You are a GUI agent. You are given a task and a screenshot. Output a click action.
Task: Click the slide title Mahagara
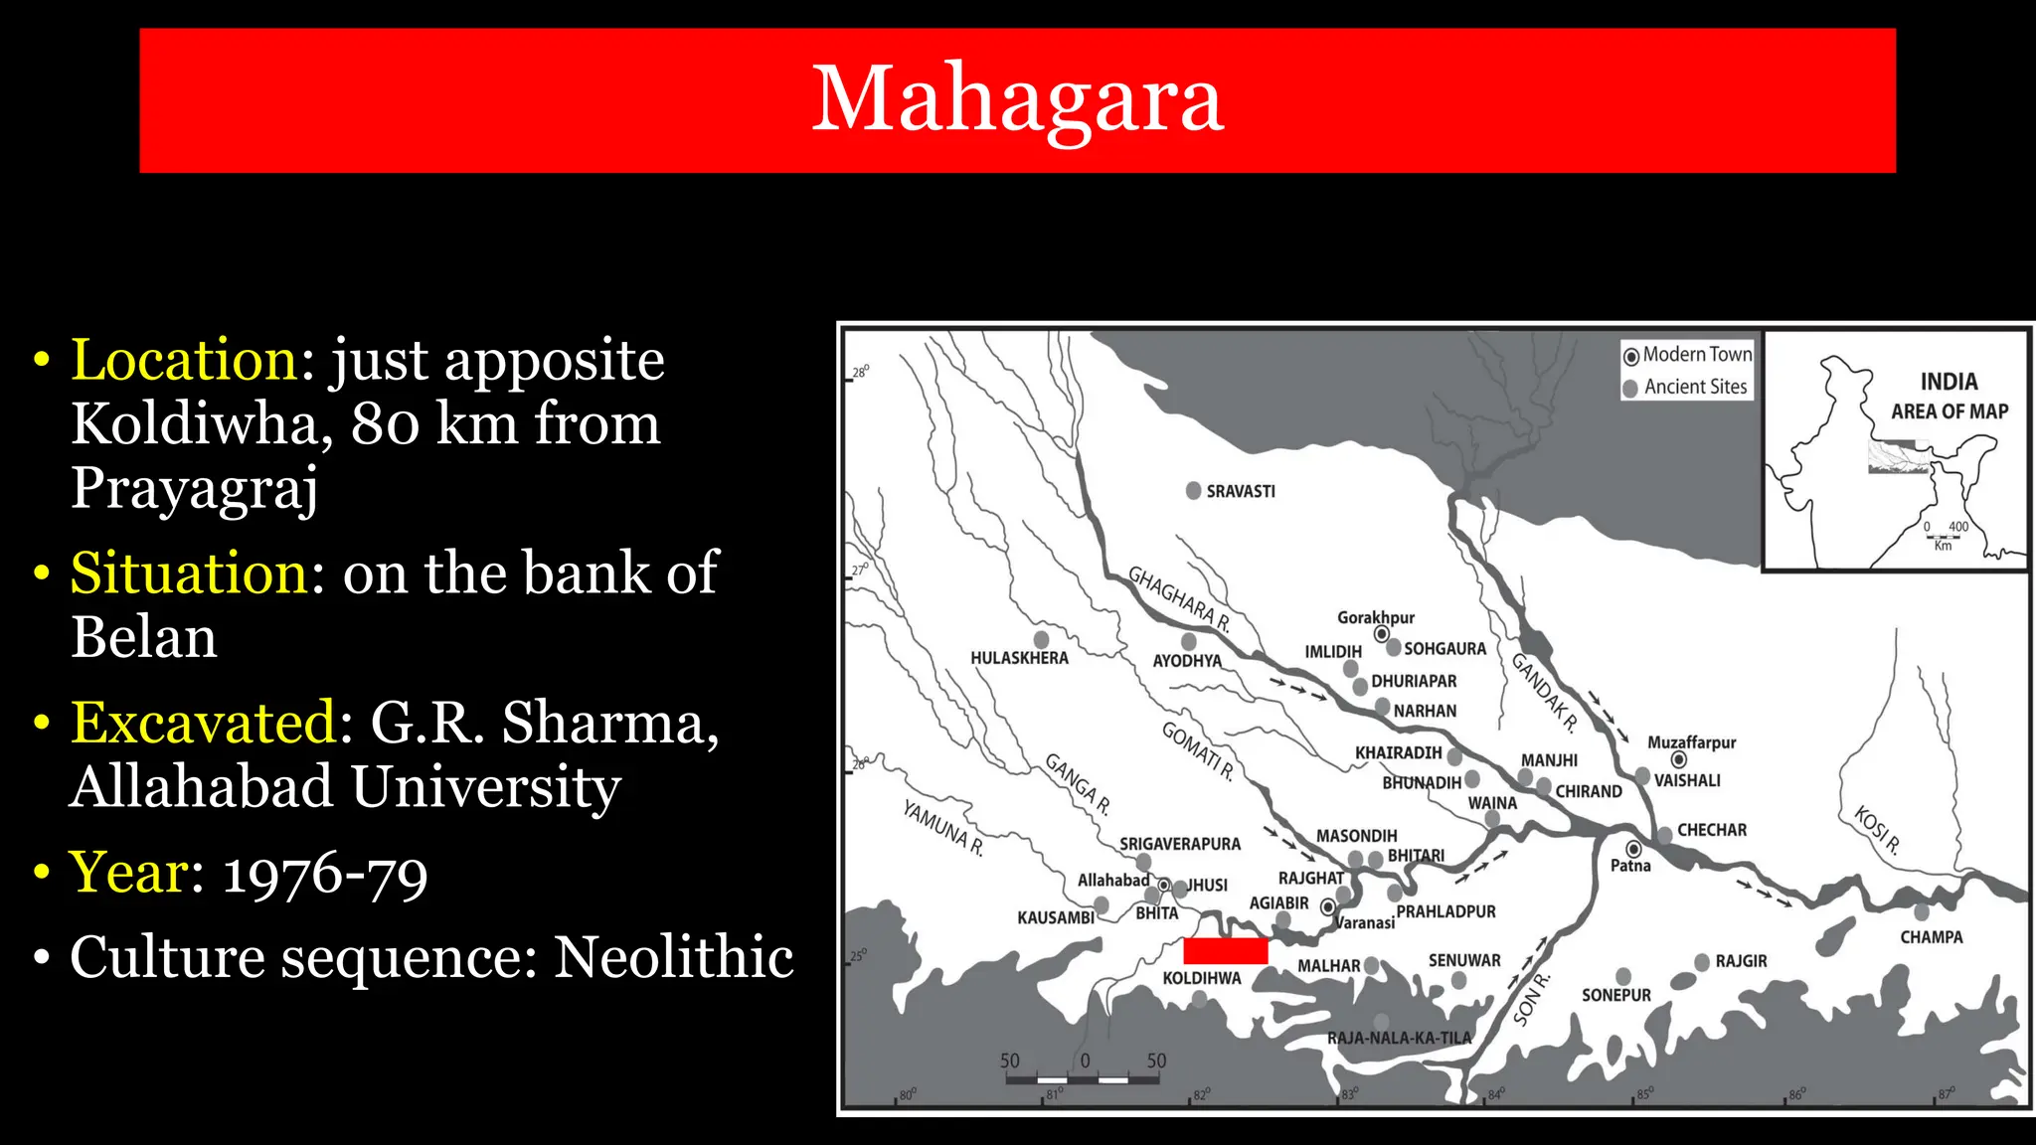click(x=1017, y=99)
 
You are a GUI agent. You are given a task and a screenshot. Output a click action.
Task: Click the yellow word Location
click(x=184, y=360)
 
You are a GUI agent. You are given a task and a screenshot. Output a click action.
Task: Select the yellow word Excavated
click(x=203, y=723)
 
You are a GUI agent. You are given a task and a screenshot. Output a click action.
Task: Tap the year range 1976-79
click(x=325, y=875)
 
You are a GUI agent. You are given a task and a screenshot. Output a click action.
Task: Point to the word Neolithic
click(x=673, y=957)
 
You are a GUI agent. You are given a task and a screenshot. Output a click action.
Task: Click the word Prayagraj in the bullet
click(x=194, y=489)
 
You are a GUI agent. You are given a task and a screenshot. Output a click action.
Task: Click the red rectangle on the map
click(x=1225, y=951)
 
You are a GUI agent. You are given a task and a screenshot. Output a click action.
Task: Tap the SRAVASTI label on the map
click(x=1240, y=491)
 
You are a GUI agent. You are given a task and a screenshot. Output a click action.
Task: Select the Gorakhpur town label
click(x=1375, y=617)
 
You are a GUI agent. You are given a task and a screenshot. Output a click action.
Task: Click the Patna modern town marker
click(x=1633, y=849)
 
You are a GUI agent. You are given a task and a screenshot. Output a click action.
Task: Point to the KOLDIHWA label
click(x=1202, y=978)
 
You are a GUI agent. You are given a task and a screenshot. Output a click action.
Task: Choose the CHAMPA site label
click(x=1931, y=937)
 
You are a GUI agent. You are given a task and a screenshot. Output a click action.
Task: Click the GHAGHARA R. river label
click(x=1180, y=598)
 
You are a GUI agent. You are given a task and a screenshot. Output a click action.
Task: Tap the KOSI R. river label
click(x=1877, y=831)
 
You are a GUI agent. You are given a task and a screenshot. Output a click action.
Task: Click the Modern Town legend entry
click(x=1697, y=355)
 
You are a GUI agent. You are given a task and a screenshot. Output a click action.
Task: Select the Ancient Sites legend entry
click(x=1695, y=387)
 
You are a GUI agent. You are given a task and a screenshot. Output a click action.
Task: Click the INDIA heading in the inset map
click(x=1949, y=382)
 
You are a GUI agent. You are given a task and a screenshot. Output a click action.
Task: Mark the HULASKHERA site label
click(x=1019, y=658)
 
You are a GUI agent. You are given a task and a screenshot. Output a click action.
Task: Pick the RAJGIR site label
click(x=1741, y=961)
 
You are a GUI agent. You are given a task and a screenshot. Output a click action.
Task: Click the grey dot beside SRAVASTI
click(x=1193, y=490)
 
